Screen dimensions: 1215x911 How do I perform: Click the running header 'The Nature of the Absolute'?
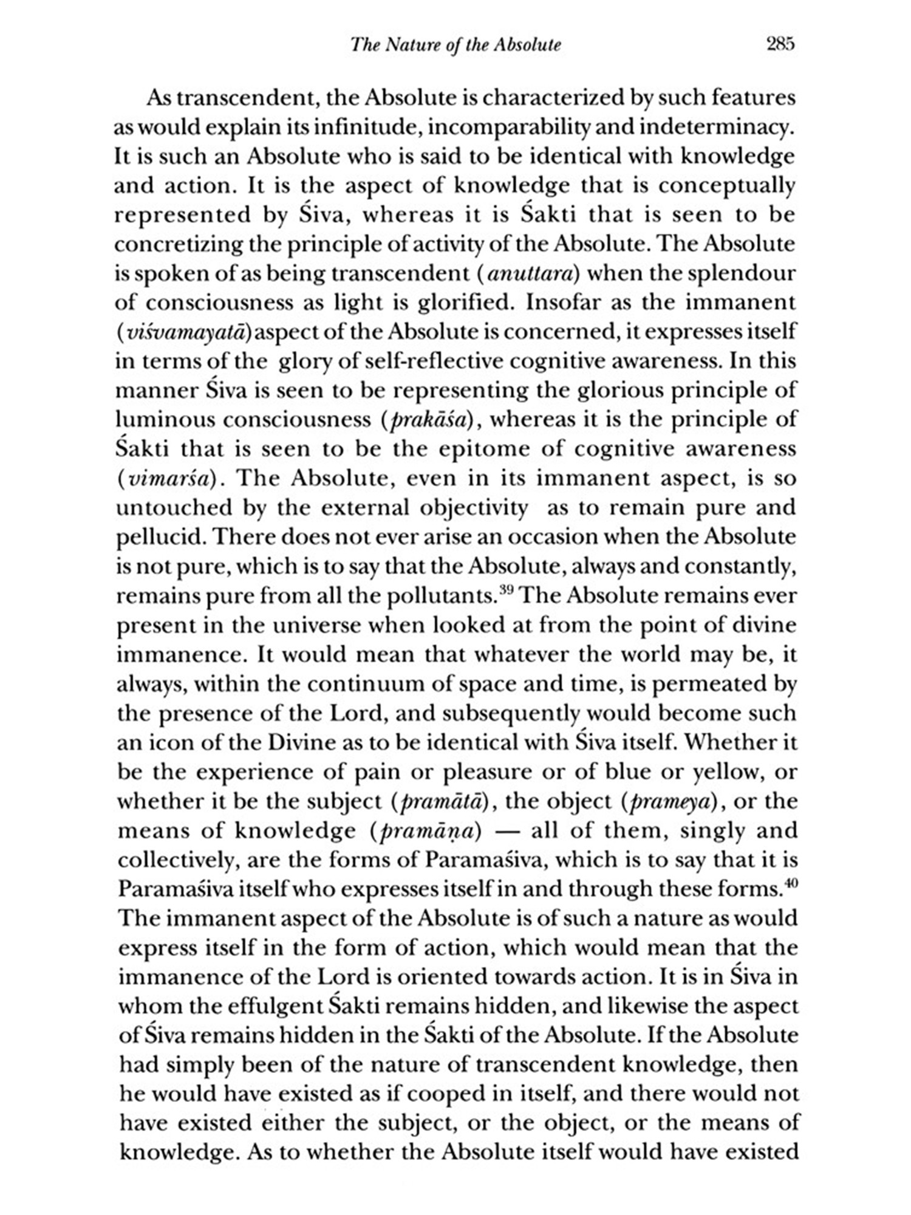456,45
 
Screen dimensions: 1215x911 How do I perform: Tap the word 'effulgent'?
279,1007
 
